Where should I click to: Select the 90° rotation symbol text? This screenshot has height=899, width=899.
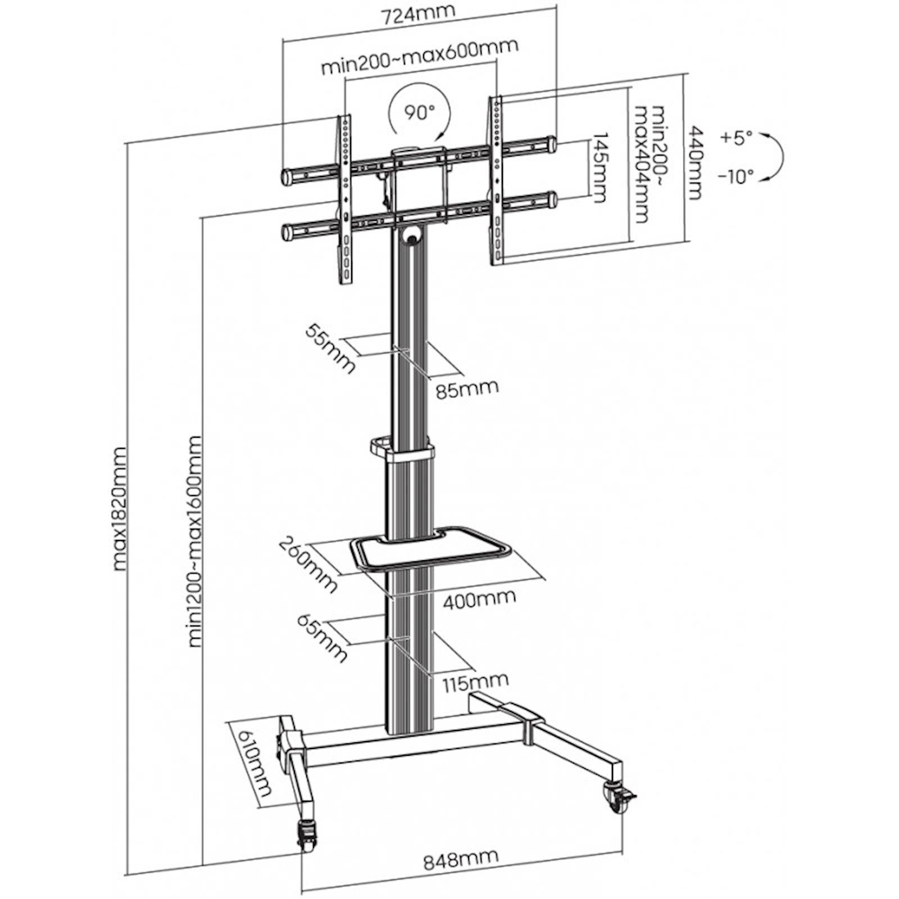click(419, 112)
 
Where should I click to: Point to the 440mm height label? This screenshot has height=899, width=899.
click(696, 163)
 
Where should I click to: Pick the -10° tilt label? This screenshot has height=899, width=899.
click(735, 177)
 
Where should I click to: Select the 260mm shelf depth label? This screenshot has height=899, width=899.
click(308, 565)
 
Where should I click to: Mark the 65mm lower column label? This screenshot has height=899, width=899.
click(321, 638)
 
